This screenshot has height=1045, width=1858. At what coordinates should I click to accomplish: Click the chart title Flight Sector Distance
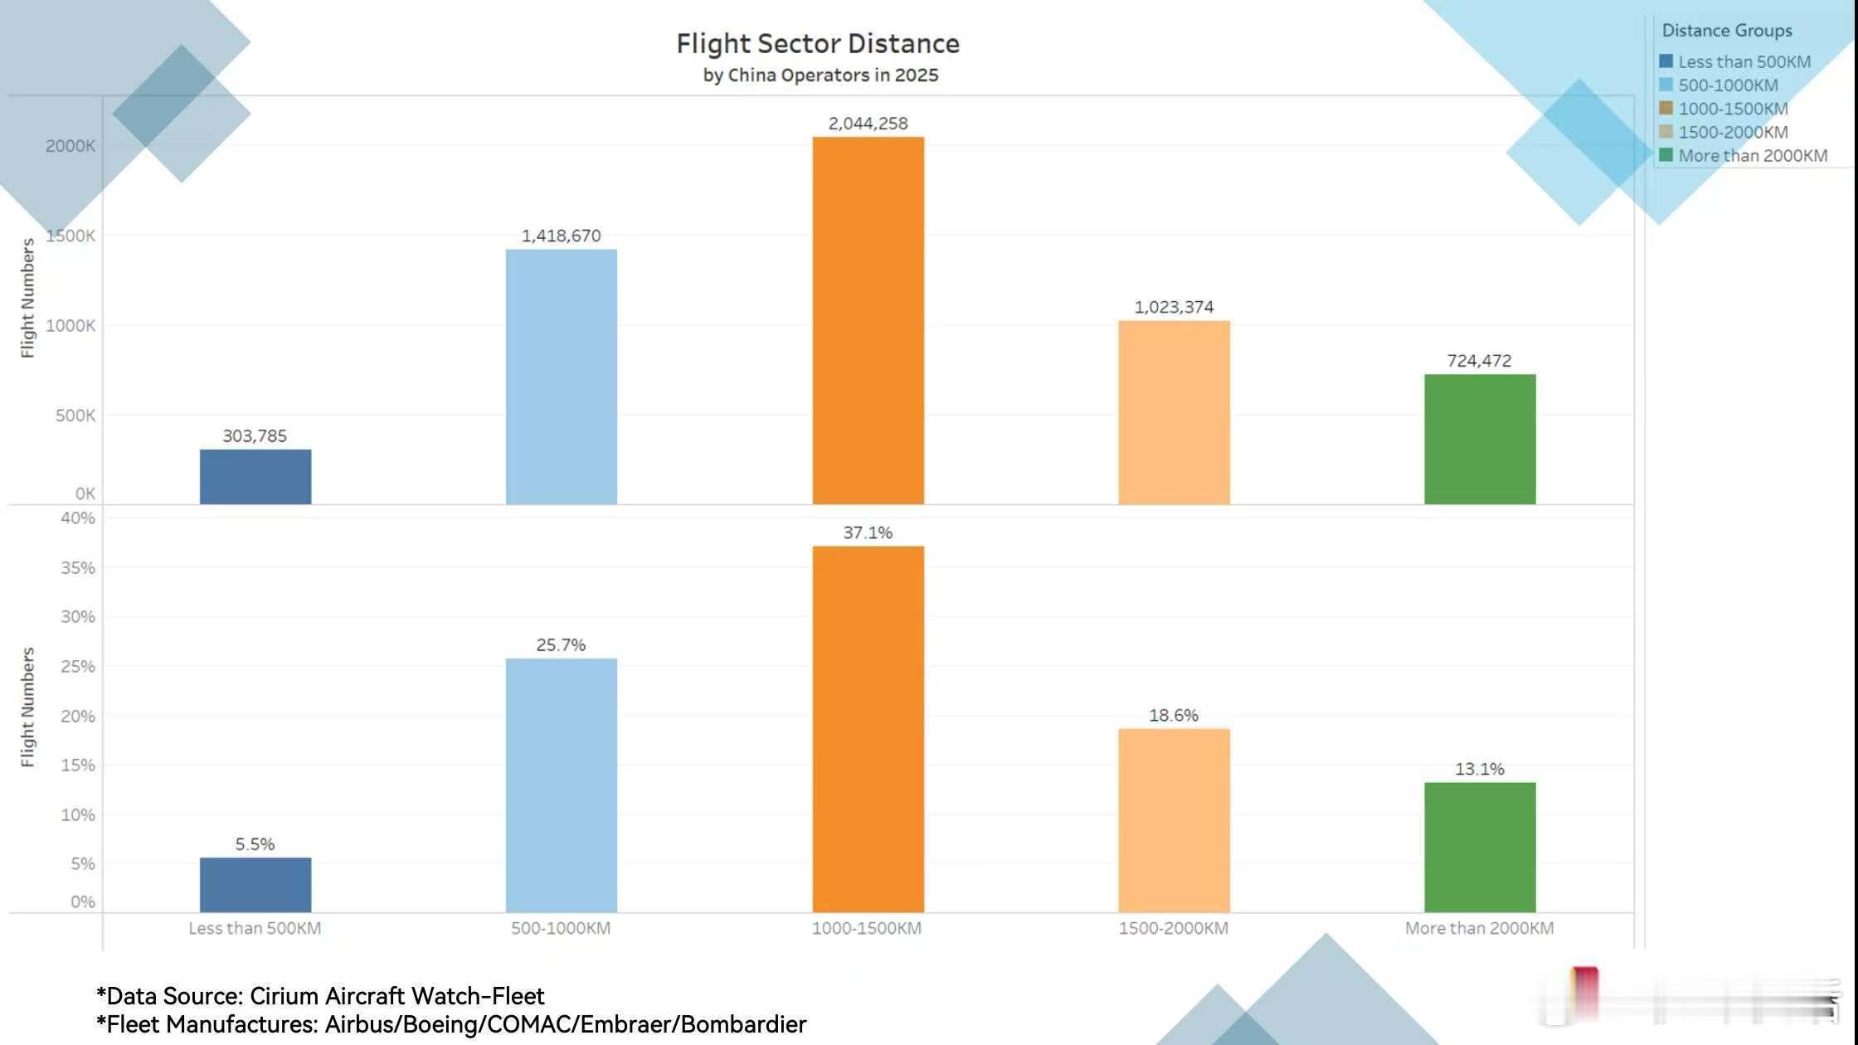pos(817,43)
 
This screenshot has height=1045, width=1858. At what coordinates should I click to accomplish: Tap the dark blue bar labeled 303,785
pos(255,477)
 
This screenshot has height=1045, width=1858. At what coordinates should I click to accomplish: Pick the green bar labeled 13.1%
pos(1480,847)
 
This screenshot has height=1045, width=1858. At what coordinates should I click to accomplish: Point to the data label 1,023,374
pos(1174,307)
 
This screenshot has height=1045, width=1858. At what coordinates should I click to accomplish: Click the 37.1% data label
pos(868,532)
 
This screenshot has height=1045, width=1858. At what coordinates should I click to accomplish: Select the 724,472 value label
pos(1479,361)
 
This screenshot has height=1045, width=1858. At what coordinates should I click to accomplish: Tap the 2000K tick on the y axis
pos(71,146)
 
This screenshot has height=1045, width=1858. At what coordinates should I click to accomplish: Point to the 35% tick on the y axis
pos(77,568)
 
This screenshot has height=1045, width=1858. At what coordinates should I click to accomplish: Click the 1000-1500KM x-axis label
pos(867,928)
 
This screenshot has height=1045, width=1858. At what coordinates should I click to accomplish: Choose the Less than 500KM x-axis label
pos(255,928)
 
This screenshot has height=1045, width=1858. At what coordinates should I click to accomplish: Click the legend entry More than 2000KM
pos(1752,156)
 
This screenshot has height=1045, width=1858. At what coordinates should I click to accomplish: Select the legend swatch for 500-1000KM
pos(1666,85)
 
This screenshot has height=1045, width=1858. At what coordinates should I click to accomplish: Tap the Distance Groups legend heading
pos(1726,31)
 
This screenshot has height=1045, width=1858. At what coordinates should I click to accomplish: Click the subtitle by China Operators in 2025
pos(820,75)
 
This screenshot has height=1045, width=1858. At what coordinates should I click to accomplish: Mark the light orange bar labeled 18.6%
pos(1174,820)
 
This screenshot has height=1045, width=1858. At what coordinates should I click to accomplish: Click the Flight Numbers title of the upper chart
pos(28,299)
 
